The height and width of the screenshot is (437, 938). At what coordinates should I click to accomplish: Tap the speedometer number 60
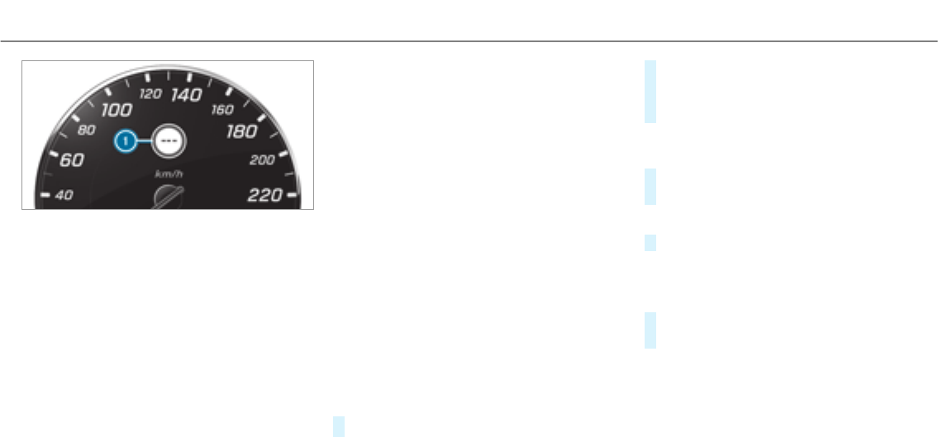point(72,160)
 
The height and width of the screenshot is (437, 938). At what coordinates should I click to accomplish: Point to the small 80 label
point(85,130)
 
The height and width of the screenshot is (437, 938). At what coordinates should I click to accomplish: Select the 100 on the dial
point(117,110)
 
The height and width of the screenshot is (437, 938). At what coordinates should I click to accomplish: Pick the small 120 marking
point(150,94)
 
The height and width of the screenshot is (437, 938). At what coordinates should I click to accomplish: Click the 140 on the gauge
point(187,96)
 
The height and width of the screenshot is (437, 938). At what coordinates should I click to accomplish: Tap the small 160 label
point(221,109)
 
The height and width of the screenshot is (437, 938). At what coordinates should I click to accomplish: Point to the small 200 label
point(262,160)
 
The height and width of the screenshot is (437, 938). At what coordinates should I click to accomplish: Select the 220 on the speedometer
point(264,196)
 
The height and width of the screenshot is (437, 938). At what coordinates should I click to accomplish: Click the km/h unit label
point(168,174)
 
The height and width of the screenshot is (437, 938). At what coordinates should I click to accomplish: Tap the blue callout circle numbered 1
point(126,142)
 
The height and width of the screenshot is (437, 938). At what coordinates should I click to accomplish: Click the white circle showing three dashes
point(169,142)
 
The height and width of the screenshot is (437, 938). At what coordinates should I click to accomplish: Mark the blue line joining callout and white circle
point(145,142)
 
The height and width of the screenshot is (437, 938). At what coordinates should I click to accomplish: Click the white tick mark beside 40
point(46,196)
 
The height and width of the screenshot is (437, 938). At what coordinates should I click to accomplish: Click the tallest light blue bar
point(650,92)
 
